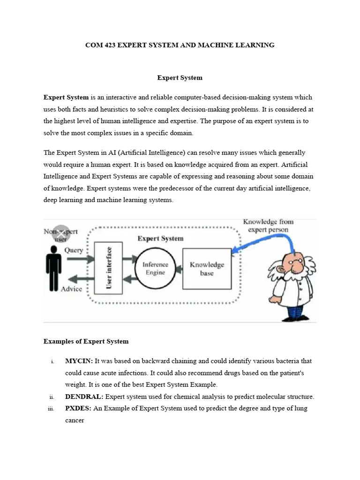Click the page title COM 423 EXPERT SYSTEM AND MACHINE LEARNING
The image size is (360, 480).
[180, 45]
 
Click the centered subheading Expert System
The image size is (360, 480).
[180, 77]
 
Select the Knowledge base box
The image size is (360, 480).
[206, 269]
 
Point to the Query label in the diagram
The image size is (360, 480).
[74, 250]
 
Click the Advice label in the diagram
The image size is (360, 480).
[71, 289]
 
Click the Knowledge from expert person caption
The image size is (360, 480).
[268, 225]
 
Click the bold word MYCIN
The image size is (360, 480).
[79, 361]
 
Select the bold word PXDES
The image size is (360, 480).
[78, 408]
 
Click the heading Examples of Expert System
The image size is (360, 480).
[86, 341]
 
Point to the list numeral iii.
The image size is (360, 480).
[52, 409]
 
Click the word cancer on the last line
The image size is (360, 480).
[75, 420]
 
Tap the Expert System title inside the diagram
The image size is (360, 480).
[160, 238]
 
